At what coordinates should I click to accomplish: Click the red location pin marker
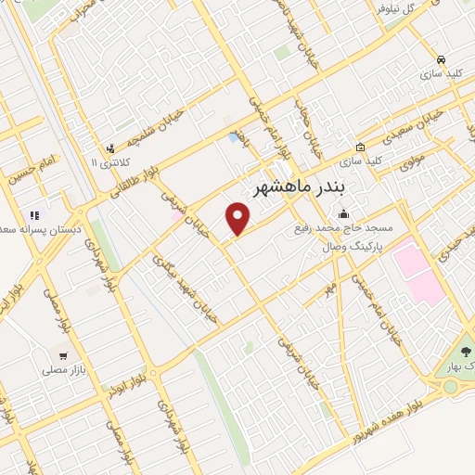pyautogui.click(x=239, y=219)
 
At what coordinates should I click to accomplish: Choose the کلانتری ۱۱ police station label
pyautogui.click(x=101, y=163)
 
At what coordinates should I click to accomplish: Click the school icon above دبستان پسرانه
pyautogui.click(x=34, y=215)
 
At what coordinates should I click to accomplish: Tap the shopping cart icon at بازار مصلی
pyautogui.click(x=62, y=354)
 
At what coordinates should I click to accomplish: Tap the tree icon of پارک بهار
pyautogui.click(x=466, y=353)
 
